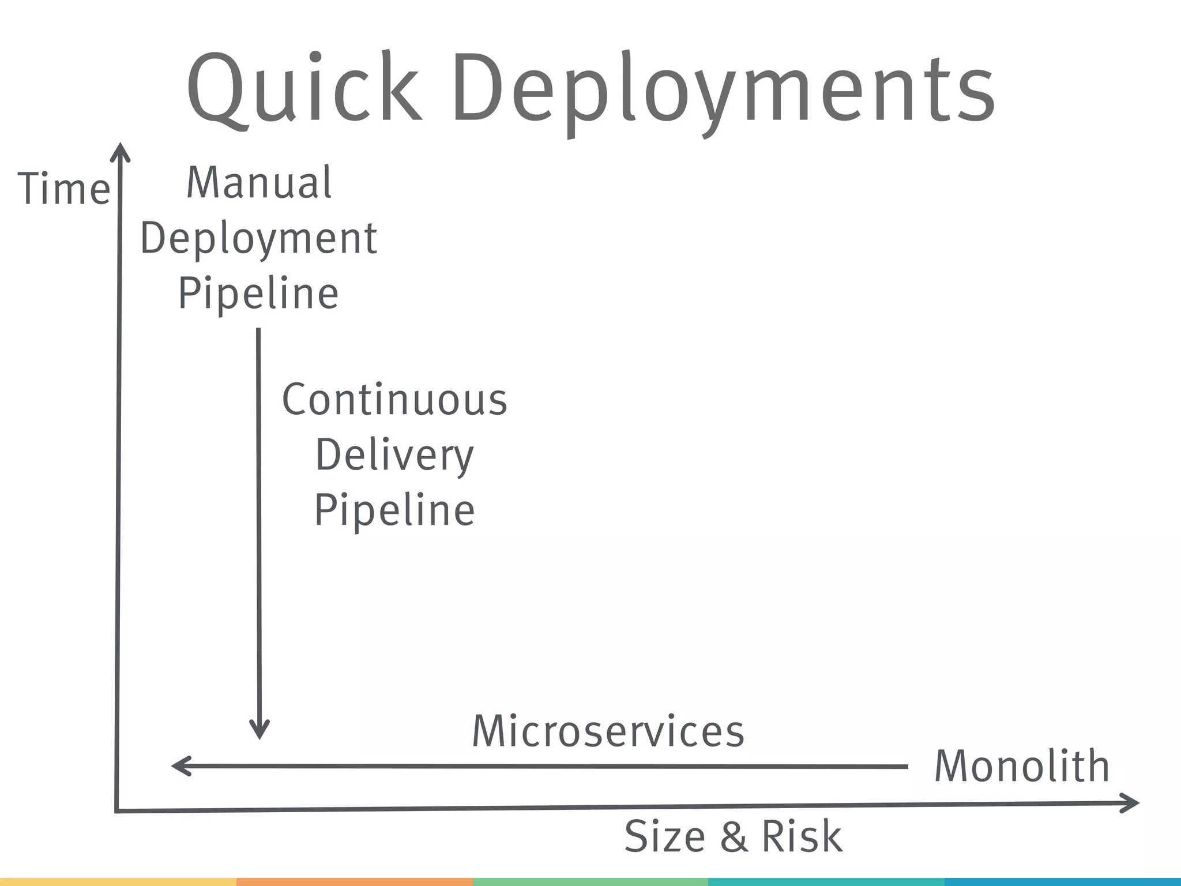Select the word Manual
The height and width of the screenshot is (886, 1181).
[259, 183]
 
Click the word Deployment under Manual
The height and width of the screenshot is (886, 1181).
[258, 239]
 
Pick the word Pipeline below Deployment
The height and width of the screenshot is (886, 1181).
[258, 293]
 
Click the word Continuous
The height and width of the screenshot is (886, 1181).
[394, 400]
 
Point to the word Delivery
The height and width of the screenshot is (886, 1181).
[394, 456]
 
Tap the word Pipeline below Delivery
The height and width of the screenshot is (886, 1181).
[394, 510]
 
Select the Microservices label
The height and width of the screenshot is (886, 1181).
[608, 731]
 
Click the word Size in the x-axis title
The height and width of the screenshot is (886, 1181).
[665, 836]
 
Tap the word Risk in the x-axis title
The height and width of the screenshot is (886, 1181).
[802, 836]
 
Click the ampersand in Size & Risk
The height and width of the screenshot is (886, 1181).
[733, 837]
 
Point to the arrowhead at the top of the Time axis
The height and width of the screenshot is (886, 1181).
[120, 151]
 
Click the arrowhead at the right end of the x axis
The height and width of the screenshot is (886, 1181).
[1131, 803]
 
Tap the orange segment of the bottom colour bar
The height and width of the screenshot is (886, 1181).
[354, 882]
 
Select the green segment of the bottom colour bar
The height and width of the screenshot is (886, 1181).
[590, 882]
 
